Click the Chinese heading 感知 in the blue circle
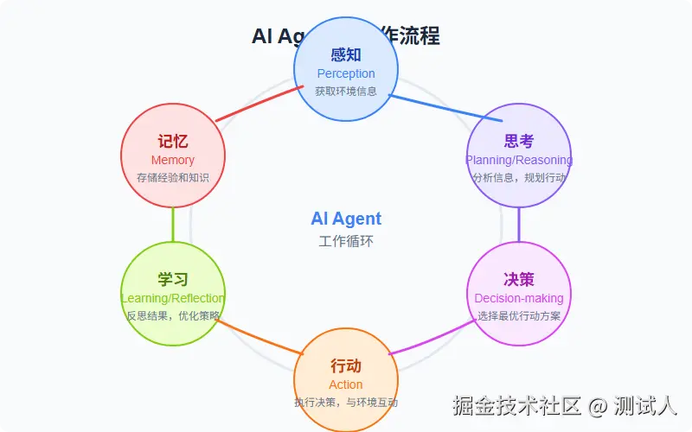(x=346, y=54)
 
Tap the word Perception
(x=346, y=73)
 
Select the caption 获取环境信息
(x=346, y=91)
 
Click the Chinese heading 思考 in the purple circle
(x=519, y=141)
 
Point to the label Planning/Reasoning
(x=519, y=160)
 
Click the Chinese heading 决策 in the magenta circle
(x=519, y=279)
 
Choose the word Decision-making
(x=519, y=298)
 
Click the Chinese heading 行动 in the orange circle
(x=346, y=365)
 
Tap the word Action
(x=346, y=384)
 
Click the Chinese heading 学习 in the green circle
(x=173, y=279)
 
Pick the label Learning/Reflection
(x=173, y=298)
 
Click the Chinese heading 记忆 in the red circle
(x=173, y=141)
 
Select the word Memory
(x=173, y=160)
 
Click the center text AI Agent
(x=346, y=219)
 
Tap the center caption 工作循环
(x=346, y=241)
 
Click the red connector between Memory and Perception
(x=258, y=104)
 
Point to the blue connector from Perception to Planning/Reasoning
(x=445, y=108)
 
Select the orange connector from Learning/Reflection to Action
(x=259, y=337)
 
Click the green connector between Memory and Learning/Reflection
(x=173, y=225)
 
